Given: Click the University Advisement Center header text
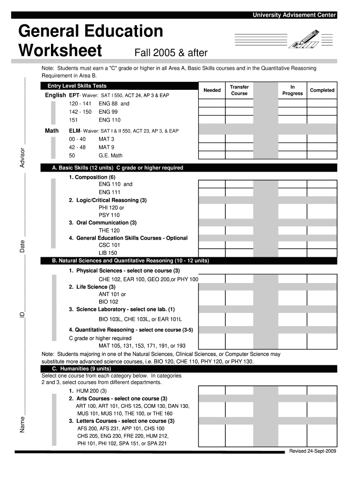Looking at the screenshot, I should [x=295, y=15].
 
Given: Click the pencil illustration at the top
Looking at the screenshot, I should [x=304, y=38].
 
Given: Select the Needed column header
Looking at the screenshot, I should [x=212, y=90].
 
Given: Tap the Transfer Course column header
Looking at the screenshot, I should [x=239, y=90].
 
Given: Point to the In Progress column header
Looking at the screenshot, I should [x=293, y=90].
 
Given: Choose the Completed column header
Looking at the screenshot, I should [x=322, y=90].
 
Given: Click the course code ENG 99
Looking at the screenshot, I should [x=108, y=112].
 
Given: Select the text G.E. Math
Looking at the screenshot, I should [x=110, y=155].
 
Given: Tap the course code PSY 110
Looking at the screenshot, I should [x=109, y=215].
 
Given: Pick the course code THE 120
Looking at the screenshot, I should [x=109, y=230].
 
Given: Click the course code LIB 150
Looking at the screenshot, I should [x=108, y=253].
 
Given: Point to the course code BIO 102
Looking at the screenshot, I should [x=108, y=302].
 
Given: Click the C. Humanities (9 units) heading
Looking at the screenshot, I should [x=81, y=369].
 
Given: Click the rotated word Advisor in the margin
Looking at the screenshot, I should [x=22, y=158].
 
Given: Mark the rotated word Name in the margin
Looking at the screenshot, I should [x=22, y=424].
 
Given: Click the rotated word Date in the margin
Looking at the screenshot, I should [x=22, y=247].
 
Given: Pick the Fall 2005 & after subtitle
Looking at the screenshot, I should [x=171, y=52].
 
